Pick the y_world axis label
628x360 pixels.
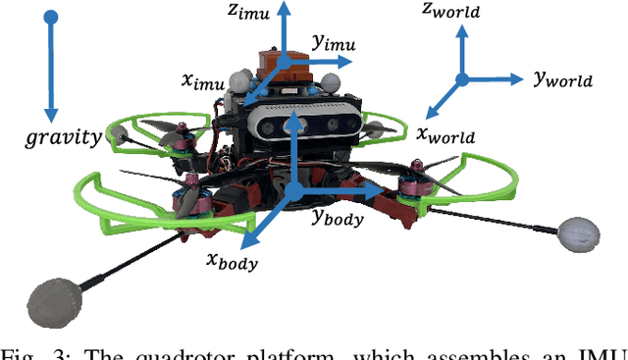(563, 80)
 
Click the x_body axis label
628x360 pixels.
(231, 261)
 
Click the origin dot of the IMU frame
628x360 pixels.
(284, 61)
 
